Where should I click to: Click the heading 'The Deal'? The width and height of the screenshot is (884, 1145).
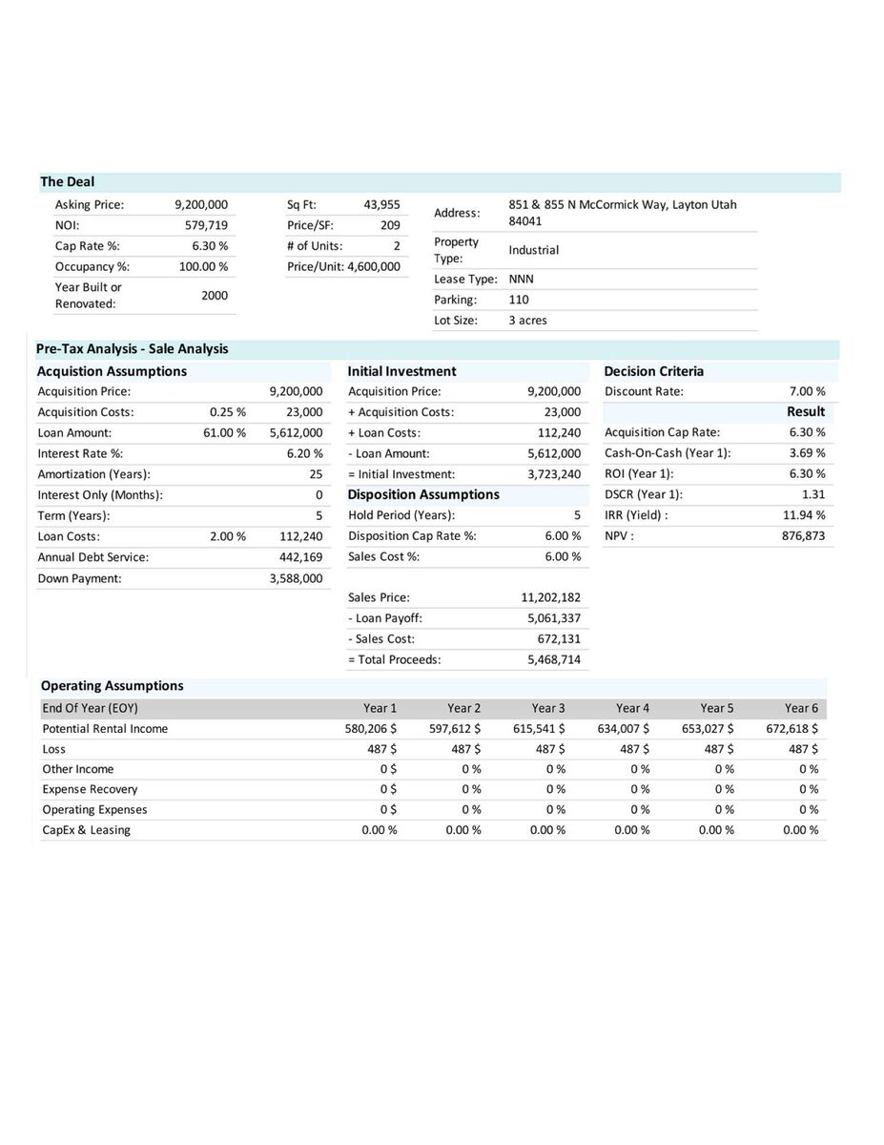click(67, 182)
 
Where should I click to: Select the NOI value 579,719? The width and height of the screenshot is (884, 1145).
click(206, 225)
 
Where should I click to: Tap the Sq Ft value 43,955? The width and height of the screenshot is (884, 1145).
click(381, 204)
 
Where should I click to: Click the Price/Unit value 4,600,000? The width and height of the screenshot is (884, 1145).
click(373, 266)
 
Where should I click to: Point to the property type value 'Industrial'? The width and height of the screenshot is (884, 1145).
click(533, 250)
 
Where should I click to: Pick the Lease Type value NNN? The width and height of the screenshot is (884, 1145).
click(521, 279)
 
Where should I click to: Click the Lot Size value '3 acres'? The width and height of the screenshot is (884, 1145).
click(527, 321)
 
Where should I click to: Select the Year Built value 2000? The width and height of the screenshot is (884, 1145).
click(215, 296)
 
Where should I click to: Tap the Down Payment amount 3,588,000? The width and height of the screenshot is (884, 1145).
click(296, 578)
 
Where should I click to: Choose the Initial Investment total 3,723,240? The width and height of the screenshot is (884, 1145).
click(553, 474)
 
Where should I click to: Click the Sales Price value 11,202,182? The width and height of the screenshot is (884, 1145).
click(550, 598)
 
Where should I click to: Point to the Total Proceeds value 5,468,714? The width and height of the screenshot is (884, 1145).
click(553, 659)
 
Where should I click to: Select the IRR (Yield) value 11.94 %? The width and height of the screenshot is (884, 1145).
click(804, 515)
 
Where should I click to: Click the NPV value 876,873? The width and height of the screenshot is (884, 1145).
click(803, 536)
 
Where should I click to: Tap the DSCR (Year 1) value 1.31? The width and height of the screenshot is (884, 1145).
click(813, 494)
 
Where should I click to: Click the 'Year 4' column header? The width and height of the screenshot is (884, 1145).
click(632, 708)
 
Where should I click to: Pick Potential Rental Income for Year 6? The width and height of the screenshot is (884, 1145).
click(791, 729)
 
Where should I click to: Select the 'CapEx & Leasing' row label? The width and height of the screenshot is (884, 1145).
click(87, 830)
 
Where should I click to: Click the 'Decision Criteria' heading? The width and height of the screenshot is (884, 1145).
click(653, 371)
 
